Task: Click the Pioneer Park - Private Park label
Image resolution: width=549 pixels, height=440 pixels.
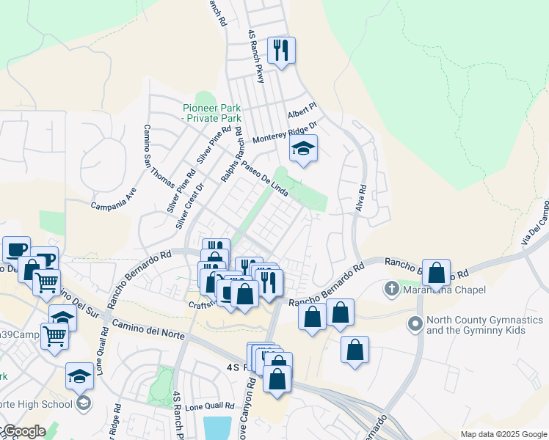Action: [x=212, y=112]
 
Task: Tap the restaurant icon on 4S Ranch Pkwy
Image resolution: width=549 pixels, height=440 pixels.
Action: [x=281, y=51]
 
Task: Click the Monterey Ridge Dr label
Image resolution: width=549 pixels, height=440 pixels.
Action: [x=284, y=133]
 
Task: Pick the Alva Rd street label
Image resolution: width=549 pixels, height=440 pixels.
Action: [x=361, y=197]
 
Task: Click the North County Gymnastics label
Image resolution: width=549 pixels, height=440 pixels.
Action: [x=486, y=326]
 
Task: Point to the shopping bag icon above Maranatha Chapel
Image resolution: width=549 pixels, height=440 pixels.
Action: [x=436, y=274]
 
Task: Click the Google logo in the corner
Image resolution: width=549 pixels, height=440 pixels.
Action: [x=23, y=431]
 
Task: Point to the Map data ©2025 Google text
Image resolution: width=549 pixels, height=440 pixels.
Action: [x=503, y=434]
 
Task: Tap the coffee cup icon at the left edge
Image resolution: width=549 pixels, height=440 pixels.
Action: [x=15, y=249]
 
